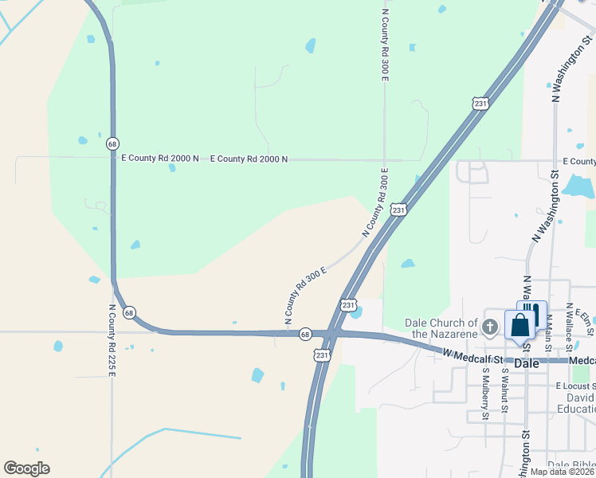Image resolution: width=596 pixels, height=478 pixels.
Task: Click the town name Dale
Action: coord(527,362)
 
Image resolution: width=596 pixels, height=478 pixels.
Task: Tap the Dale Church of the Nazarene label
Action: coord(441,328)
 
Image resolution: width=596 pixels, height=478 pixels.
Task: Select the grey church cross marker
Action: coord(490,326)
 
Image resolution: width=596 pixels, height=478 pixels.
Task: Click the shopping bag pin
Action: coord(520,326)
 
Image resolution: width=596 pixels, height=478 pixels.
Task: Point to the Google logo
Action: coord(26,468)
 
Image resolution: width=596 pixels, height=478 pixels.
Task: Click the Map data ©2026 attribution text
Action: coord(563,472)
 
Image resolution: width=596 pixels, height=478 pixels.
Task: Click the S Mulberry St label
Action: coord(484,394)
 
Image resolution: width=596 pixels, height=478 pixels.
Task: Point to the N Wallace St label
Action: coord(569,327)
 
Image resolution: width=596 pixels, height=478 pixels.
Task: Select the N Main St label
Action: coord(549,327)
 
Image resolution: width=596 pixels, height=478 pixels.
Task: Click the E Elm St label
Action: coord(586,319)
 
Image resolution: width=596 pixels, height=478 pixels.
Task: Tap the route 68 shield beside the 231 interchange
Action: coord(304,335)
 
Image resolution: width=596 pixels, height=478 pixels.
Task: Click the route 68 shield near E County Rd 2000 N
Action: coord(112,143)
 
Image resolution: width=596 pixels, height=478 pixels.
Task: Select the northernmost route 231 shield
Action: coord(480,104)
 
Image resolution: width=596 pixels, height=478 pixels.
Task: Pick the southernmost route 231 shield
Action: coord(321,355)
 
